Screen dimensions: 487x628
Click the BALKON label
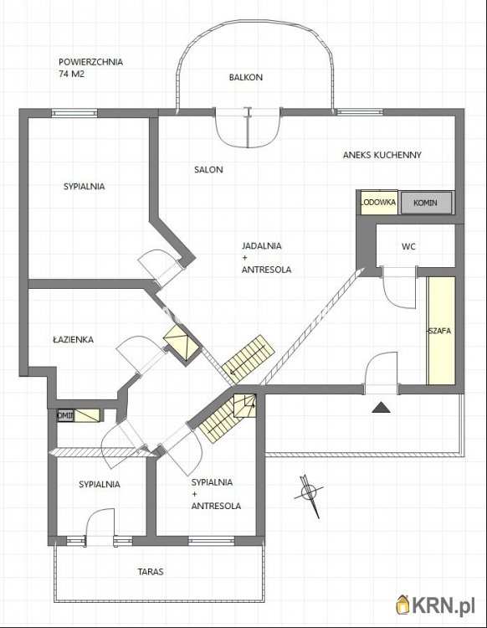246,77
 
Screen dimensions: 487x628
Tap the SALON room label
208,169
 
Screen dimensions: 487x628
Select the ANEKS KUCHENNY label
382,155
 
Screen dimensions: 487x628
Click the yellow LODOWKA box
378,203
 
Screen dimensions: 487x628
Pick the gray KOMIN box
426,203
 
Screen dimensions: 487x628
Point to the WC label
408,247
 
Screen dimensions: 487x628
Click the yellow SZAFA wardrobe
441,331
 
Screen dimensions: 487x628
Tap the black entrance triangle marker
382,408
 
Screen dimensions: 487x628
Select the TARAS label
151,572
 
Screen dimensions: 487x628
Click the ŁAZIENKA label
74,339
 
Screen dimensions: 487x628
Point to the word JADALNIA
262,246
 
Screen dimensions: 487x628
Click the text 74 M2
72,74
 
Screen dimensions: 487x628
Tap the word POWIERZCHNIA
91,62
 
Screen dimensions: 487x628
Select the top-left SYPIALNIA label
84,186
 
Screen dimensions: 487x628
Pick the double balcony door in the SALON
248,127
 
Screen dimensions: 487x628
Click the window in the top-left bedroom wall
74,113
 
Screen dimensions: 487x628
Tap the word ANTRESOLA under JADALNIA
266,270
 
